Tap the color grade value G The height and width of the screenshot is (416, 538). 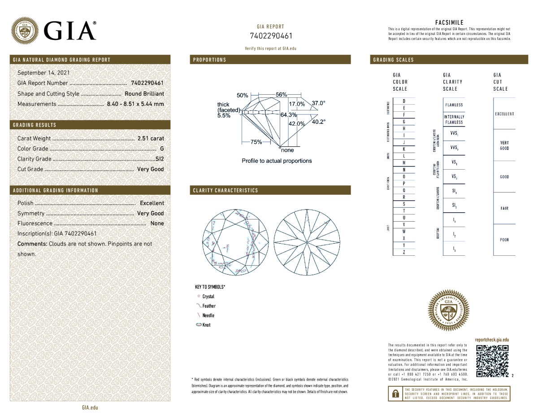click(161, 149)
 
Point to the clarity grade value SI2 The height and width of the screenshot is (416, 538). click(159, 159)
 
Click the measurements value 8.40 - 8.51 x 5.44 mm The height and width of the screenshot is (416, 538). click(135, 104)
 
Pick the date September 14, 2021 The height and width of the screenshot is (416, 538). click(43, 73)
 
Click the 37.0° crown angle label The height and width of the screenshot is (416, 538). click(318, 103)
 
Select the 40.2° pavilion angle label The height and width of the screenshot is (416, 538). click(318, 122)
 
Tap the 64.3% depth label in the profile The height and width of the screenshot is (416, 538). click(289, 115)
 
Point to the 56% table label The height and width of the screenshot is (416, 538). click(281, 95)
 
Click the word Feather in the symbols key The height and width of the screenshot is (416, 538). click(209, 306)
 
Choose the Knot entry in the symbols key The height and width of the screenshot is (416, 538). click(206, 325)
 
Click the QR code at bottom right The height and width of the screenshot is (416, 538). click(492, 361)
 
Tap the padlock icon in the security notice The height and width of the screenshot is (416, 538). click(395, 394)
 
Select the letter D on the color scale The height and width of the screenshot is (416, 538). click(404, 101)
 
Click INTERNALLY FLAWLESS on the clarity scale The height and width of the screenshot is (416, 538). click(454, 119)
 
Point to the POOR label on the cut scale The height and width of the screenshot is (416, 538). click(504, 240)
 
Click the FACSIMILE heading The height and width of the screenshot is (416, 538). click(449, 22)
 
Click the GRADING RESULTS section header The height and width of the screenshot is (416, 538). click(35, 125)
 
